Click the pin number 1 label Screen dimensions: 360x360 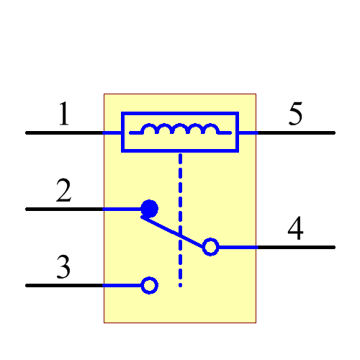[x=64, y=115]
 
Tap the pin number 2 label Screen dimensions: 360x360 [x=64, y=192]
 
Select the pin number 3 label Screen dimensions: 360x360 [x=64, y=269]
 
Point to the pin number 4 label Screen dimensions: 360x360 [x=295, y=230]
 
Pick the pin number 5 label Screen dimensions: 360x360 [x=295, y=115]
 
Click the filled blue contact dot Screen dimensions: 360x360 [x=149, y=209]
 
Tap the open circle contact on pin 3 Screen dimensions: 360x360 [x=149, y=286]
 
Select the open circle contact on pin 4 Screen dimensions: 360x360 [x=210, y=247]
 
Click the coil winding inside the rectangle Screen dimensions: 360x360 [x=180, y=130]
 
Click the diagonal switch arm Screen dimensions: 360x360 [x=176, y=231]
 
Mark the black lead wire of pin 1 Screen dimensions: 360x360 [x=65, y=133]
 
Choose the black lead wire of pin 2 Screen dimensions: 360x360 [x=65, y=210]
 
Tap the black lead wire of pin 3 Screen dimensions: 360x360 [x=65, y=286]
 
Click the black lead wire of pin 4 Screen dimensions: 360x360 [x=295, y=247]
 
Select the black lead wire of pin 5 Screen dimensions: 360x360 [x=295, y=133]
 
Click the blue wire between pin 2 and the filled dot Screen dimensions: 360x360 [x=122, y=210]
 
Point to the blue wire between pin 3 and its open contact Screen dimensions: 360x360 [x=122, y=286]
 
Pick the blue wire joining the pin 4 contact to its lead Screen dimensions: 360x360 [x=238, y=247]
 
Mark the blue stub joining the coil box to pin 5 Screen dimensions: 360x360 [x=247, y=133]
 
